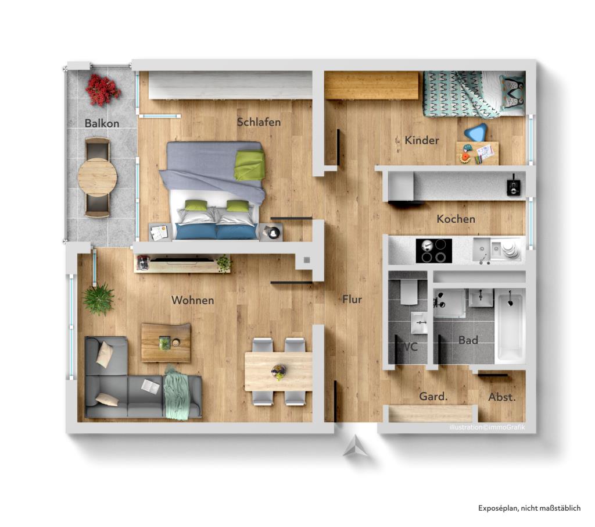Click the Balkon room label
click(102, 123)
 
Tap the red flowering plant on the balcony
click(102, 89)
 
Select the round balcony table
click(97, 176)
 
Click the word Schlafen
click(259, 122)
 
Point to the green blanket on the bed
click(249, 165)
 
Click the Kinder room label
click(422, 140)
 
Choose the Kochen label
click(456, 219)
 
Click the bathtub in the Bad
click(510, 327)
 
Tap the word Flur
click(352, 300)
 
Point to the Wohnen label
click(192, 301)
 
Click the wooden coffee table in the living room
click(166, 343)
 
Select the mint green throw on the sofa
click(175, 394)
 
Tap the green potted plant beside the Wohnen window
click(98, 299)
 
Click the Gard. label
click(433, 397)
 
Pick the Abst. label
click(501, 398)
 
